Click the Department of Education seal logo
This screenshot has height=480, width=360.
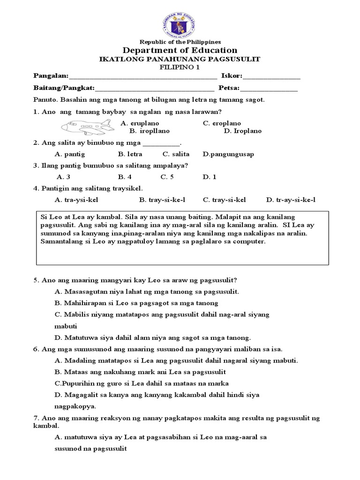click(x=180, y=21)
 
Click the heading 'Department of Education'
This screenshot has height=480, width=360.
click(x=180, y=50)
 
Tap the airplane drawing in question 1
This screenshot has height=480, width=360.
click(x=87, y=127)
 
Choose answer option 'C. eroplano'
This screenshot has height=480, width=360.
click(x=222, y=123)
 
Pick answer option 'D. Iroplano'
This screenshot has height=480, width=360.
click(x=241, y=131)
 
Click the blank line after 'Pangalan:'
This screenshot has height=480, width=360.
click(x=143, y=76)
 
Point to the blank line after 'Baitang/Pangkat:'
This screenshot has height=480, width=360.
click(x=155, y=88)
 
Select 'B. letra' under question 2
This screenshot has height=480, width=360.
click(x=130, y=154)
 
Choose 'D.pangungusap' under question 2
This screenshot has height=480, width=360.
click(x=228, y=154)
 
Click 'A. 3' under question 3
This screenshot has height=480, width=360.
click(x=63, y=177)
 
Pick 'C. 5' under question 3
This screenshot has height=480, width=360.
click(x=167, y=177)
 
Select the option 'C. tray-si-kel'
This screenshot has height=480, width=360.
click(x=225, y=200)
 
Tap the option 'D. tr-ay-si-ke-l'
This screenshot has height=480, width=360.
click(x=291, y=200)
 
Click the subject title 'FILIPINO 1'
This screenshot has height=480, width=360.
click(x=180, y=67)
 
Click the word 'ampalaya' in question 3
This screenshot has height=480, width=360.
click(x=172, y=165)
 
